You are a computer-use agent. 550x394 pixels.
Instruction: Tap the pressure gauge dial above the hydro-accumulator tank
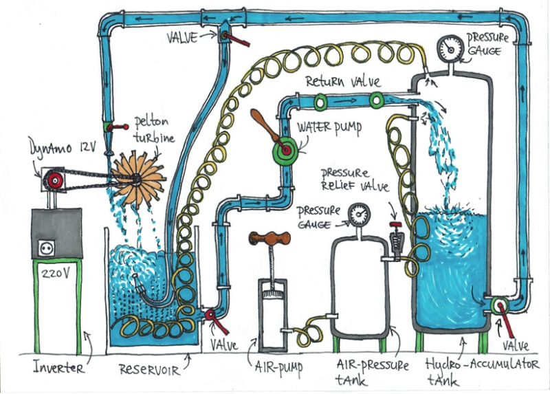click(x=452, y=47)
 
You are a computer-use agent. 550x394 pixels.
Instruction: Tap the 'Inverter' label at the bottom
click(x=58, y=368)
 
